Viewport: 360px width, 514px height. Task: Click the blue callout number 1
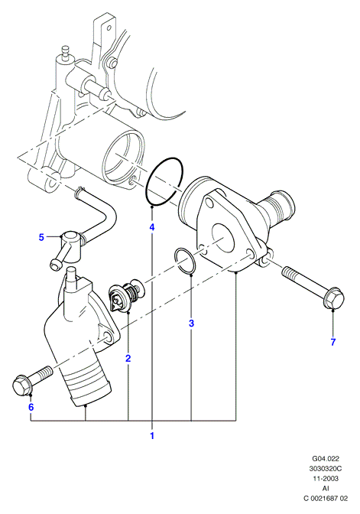pyautogui.click(x=152, y=436)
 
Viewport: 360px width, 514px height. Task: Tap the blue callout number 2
pyautogui.click(x=128, y=358)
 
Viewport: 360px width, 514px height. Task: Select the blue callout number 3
pyautogui.click(x=191, y=324)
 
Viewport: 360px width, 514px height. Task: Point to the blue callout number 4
pyautogui.click(x=152, y=227)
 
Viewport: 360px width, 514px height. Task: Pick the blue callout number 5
pyautogui.click(x=41, y=237)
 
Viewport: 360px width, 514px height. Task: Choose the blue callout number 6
pyautogui.click(x=31, y=407)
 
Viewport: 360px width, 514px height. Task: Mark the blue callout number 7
pyautogui.click(x=333, y=342)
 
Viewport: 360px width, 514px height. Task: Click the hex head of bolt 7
pyautogui.click(x=334, y=298)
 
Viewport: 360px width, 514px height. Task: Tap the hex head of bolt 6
pyautogui.click(x=23, y=385)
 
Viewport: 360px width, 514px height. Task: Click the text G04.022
pyautogui.click(x=326, y=458)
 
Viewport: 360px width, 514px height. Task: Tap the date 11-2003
pyautogui.click(x=326, y=478)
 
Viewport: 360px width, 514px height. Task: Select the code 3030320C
pyautogui.click(x=326, y=468)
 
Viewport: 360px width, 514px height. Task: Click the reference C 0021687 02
pyautogui.click(x=326, y=498)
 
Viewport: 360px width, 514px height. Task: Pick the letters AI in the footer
pyautogui.click(x=326, y=489)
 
